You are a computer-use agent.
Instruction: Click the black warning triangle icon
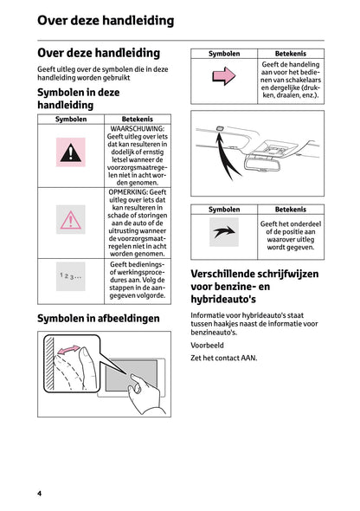point(71,154)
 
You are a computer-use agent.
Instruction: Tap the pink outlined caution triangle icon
point(71,220)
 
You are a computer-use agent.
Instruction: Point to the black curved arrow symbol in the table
point(223,231)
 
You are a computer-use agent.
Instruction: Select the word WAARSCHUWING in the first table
point(135,129)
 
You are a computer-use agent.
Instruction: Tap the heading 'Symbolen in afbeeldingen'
point(99,320)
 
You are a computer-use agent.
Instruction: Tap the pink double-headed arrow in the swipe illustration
point(67,353)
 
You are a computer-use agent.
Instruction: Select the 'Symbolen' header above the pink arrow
point(224,54)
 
